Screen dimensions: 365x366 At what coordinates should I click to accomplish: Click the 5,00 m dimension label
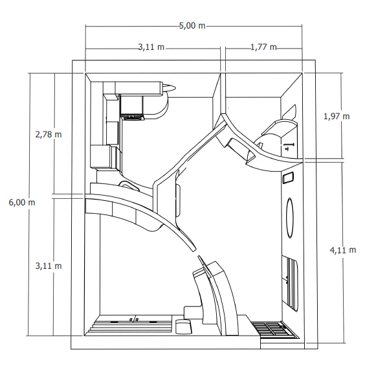pos(192,25)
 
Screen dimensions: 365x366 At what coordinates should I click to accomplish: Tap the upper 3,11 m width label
pos(151,47)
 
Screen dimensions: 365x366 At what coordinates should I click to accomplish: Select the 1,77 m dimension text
pos(263,47)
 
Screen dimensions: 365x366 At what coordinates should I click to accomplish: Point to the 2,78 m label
pos(49,135)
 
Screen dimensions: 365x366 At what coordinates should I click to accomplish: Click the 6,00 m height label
pos(22,202)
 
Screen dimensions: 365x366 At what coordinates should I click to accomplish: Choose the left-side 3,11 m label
pos(49,266)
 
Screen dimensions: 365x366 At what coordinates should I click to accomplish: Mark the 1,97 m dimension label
pos(337,116)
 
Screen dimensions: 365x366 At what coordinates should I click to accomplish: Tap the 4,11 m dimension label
pos(343,250)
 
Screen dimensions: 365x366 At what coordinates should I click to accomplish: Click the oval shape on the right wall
pos(290,218)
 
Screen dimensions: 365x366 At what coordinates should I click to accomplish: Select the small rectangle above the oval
pos(288,178)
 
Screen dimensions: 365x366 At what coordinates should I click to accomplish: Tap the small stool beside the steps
pos(183,326)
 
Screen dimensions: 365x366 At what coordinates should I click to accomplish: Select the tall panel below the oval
pos(290,283)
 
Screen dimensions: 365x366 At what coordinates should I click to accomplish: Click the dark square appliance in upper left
pos(131,106)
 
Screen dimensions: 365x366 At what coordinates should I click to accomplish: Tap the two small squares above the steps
pos(134,319)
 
